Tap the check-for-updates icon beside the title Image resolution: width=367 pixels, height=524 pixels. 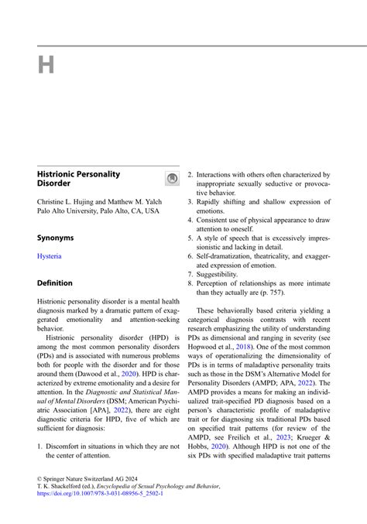tap(172, 180)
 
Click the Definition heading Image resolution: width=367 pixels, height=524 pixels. tap(55, 283)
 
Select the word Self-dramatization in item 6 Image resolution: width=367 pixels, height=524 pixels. tap(227, 255)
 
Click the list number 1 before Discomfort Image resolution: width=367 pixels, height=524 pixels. tap(40, 446)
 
